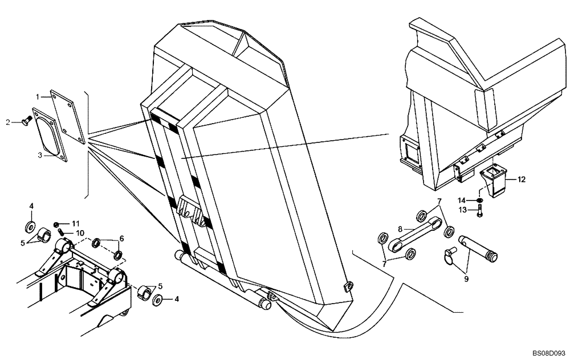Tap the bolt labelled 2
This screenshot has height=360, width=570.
25,120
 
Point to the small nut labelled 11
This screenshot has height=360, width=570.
58,223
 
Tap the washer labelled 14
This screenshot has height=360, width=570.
480,200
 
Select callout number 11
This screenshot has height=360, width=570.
75,223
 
